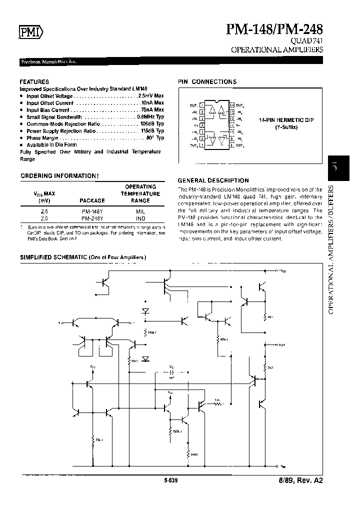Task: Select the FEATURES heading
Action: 34,81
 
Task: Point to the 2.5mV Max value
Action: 150,95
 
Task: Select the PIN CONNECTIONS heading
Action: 207,81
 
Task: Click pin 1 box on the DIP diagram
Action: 201,105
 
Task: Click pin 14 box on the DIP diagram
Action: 231,105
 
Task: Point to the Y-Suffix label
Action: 285,127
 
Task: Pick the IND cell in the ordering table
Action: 140,218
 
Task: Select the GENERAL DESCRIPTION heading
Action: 213,180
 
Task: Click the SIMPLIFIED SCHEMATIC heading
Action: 82,257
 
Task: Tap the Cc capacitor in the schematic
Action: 171,372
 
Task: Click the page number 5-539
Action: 170,480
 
